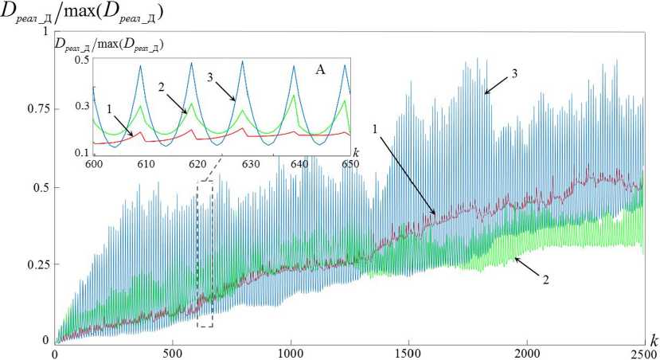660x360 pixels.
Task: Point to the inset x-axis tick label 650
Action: click(x=350, y=164)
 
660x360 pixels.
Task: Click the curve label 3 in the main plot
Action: click(x=514, y=73)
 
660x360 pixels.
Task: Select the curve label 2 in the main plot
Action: click(x=546, y=280)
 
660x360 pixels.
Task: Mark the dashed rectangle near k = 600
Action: click(x=205, y=253)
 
